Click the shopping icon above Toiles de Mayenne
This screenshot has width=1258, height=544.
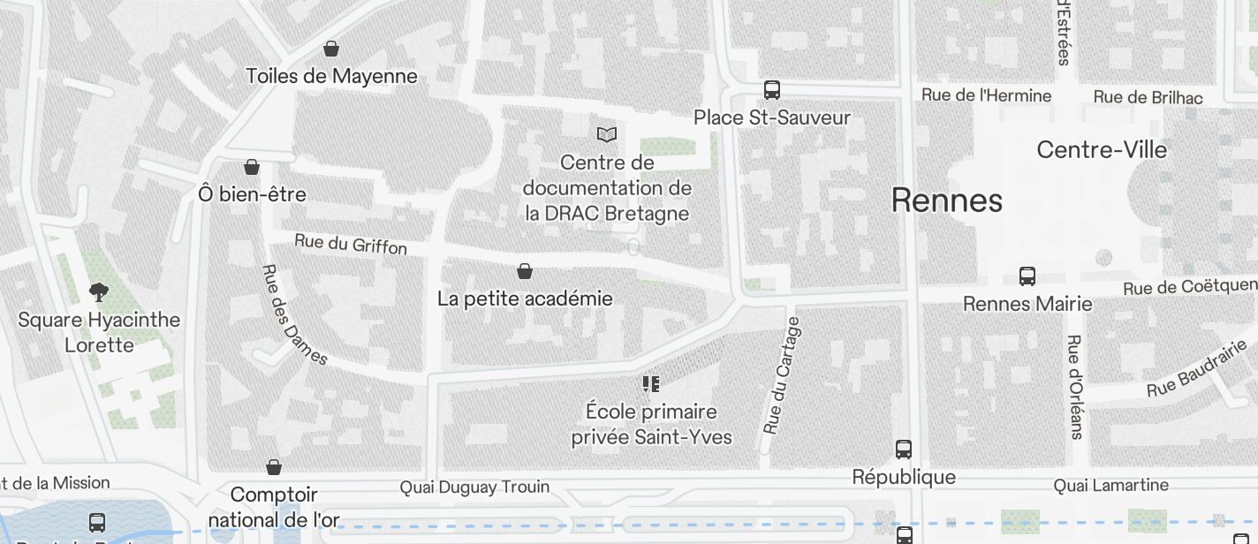pyautogui.click(x=331, y=49)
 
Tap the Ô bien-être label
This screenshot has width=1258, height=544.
pyautogui.click(x=253, y=193)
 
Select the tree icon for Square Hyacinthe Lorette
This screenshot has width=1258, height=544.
pyautogui.click(x=99, y=291)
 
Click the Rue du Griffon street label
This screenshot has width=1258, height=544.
pyautogui.click(x=351, y=244)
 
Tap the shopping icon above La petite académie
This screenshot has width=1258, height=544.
pyautogui.click(x=525, y=271)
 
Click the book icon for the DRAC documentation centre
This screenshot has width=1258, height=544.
pyautogui.click(x=607, y=134)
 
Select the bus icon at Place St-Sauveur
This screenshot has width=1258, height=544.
pyautogui.click(x=772, y=90)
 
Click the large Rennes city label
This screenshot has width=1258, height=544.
pyautogui.click(x=946, y=200)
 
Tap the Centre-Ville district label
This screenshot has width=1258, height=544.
pyautogui.click(x=1102, y=149)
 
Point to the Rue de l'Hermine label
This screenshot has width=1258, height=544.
pyautogui.click(x=986, y=95)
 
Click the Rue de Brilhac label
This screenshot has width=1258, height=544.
pyautogui.click(x=1148, y=97)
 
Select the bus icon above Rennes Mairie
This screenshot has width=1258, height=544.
pyautogui.click(x=1027, y=276)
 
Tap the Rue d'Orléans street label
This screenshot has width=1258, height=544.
pyautogui.click(x=1075, y=387)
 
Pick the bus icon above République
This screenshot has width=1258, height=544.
pyautogui.click(x=904, y=450)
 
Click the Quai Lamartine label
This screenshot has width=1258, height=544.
pyautogui.click(x=1110, y=485)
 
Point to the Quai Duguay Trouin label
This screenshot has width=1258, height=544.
pyautogui.click(x=474, y=487)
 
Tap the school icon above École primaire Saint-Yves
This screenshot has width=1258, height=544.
pyautogui.click(x=651, y=384)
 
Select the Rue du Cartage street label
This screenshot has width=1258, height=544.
pyautogui.click(x=783, y=375)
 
